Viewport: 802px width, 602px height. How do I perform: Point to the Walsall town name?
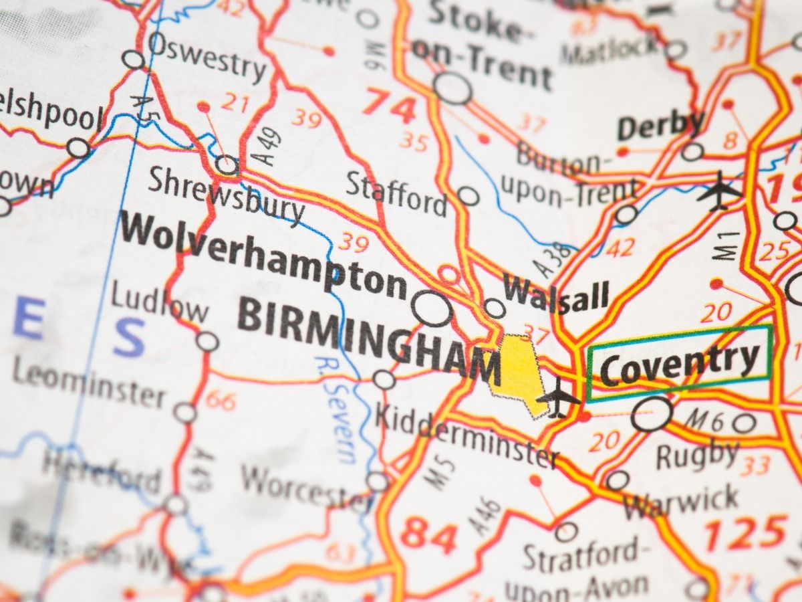(556, 295)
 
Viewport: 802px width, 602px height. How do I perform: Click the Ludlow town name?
(159, 304)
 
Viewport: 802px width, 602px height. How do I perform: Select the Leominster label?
(88, 383)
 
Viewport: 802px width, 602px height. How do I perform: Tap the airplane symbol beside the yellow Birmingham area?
(559, 399)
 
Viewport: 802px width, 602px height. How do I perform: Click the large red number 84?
(431, 535)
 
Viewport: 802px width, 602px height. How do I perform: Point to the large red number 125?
(745, 532)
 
